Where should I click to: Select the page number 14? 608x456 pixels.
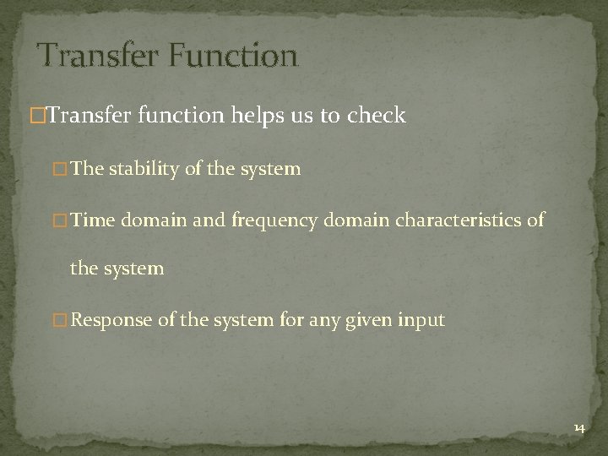[x=578, y=429]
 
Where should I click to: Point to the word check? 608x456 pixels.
[x=378, y=116]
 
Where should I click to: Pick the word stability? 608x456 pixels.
[x=160, y=169]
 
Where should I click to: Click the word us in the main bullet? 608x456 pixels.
[x=304, y=117]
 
